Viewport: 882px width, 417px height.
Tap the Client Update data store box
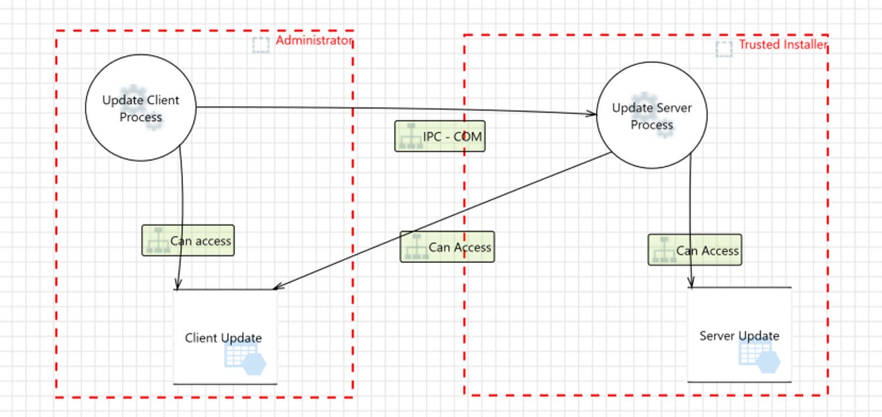225,337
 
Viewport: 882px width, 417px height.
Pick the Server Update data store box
739,334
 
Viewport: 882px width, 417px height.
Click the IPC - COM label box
440,136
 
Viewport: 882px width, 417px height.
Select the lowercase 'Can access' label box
188,240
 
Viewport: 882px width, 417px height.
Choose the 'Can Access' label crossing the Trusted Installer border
447,247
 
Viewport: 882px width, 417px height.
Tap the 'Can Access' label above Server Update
695,250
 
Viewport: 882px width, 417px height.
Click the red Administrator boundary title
314,40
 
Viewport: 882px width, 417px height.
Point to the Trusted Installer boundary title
783,45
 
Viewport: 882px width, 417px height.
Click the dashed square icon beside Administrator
261,45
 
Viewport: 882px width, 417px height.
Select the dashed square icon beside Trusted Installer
724,49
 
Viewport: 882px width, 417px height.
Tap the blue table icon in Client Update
245,358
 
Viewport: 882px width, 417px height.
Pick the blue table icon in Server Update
759,357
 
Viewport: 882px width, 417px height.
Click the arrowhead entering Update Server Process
592,114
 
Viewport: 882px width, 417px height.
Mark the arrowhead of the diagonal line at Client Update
278,287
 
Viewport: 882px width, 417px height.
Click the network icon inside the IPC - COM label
411,136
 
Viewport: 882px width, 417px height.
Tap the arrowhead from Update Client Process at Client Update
178,284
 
